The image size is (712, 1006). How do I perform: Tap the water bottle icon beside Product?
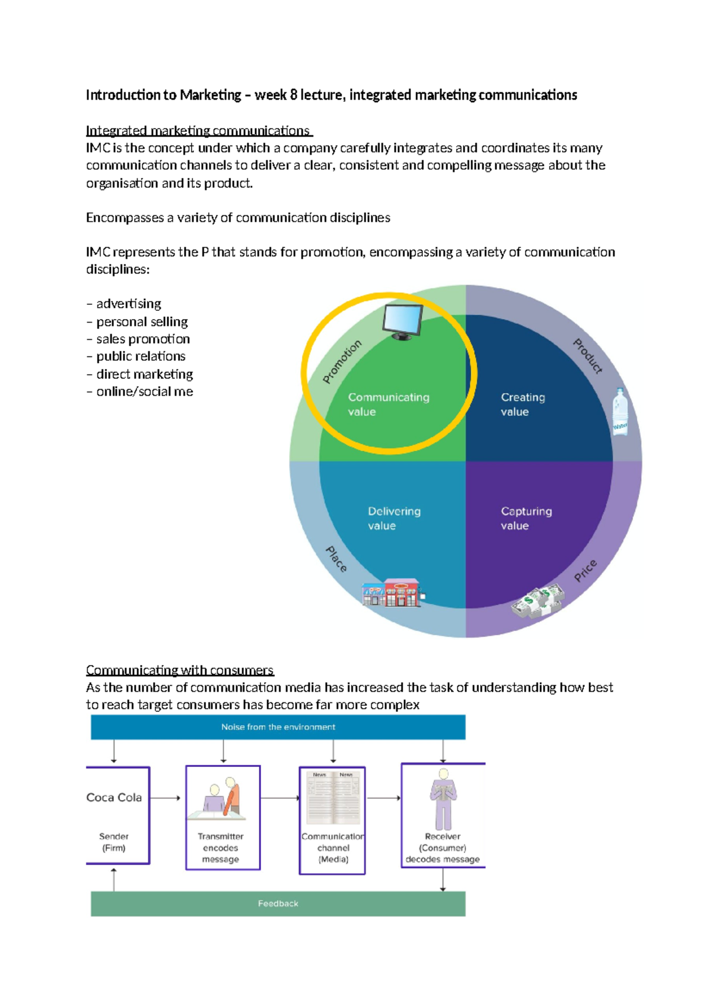(620, 412)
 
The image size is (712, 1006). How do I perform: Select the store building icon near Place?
(393, 593)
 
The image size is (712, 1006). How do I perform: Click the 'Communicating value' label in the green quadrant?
(388, 405)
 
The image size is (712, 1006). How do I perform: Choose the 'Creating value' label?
(522, 405)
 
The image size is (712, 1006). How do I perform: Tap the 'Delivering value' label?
(394, 518)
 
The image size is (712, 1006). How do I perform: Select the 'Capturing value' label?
(526, 518)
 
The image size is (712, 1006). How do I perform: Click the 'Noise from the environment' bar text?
(278, 727)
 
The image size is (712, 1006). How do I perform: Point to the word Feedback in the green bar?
(278, 903)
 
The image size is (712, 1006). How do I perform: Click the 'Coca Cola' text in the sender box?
(114, 798)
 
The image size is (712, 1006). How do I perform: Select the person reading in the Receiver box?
(443, 799)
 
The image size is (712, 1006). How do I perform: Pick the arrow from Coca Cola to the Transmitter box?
(166, 798)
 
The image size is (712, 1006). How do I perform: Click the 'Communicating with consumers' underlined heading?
(180, 670)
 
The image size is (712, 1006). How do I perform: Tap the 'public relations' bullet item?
(141, 356)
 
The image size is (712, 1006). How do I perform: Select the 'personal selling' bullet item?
(142, 322)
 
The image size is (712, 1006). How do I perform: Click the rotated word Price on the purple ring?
(585, 571)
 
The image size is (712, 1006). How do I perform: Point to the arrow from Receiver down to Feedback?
(443, 880)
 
